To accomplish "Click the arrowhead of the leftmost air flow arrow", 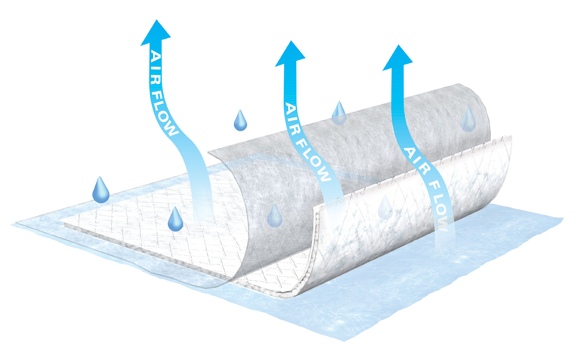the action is (x=156, y=34).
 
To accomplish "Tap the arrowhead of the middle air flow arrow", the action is (x=291, y=54).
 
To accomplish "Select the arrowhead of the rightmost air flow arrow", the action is (x=398, y=58).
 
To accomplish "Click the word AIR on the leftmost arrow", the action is (x=156, y=67).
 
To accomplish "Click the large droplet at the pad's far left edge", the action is (x=101, y=190).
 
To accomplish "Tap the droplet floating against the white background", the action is (x=240, y=121).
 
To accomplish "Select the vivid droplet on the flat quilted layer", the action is (x=175, y=219).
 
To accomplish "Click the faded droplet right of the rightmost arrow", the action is (x=468, y=119).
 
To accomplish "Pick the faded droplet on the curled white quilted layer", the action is (x=385, y=208).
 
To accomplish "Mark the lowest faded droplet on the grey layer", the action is (x=274, y=216).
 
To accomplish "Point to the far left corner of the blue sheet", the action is (x=12, y=224).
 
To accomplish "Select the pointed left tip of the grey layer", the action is (x=208, y=152).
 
